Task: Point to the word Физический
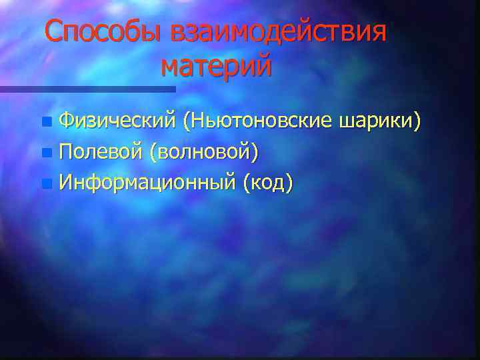pyautogui.click(x=116, y=121)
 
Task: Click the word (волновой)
pyautogui.click(x=204, y=151)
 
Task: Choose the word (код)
pyautogui.click(x=267, y=181)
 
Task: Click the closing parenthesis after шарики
pyautogui.click(x=418, y=122)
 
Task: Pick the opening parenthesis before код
pyautogui.click(x=247, y=182)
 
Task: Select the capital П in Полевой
pyautogui.click(x=65, y=151)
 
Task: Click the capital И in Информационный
pyautogui.click(x=66, y=181)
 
